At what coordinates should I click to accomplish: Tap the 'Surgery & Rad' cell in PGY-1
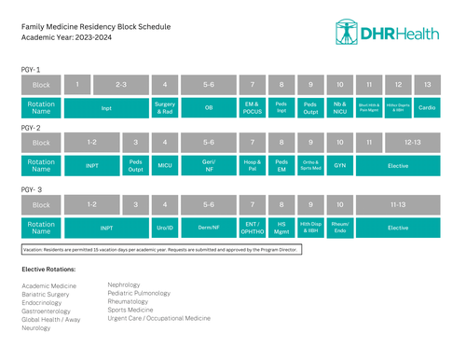[164, 107]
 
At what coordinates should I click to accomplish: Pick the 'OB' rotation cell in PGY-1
[209, 107]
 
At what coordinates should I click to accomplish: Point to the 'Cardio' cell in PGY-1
[427, 107]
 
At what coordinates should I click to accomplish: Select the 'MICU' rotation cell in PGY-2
[164, 166]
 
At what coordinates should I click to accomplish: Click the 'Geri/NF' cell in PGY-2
[209, 166]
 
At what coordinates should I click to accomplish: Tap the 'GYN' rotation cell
[340, 166]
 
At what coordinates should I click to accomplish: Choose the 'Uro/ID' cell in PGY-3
[164, 226]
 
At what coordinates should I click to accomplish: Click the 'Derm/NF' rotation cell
[209, 226]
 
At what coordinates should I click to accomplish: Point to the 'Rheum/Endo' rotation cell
[340, 226]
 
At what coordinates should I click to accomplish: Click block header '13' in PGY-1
[427, 85]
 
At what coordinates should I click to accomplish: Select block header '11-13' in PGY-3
[398, 203]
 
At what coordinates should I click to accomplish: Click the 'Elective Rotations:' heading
[48, 269]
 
